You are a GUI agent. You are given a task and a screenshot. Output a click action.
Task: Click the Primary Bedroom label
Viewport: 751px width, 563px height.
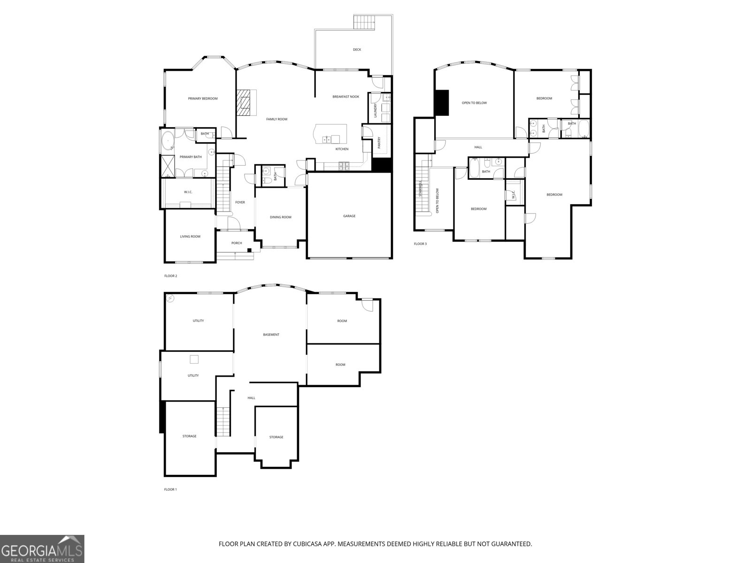click(x=203, y=99)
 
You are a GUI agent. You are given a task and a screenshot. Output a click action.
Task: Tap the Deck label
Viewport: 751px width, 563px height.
click(x=357, y=49)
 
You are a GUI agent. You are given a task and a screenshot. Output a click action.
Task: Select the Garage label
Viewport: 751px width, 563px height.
click(x=349, y=216)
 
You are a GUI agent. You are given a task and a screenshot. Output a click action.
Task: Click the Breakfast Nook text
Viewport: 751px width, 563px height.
click(x=345, y=97)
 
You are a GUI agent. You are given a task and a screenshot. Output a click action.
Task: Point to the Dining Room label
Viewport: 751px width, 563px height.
click(x=281, y=217)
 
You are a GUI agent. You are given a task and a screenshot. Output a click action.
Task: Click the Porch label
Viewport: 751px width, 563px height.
click(x=237, y=243)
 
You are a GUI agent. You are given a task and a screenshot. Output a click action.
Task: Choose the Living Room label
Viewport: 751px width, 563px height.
click(x=190, y=236)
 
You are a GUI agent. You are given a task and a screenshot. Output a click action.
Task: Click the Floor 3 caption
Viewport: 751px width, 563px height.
click(x=420, y=244)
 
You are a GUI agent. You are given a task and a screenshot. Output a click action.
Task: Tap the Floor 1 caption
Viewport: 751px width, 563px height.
click(x=170, y=489)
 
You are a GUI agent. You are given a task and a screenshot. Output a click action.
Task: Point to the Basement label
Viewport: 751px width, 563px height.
click(x=271, y=335)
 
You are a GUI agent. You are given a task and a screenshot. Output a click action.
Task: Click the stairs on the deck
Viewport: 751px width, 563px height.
click(x=365, y=22)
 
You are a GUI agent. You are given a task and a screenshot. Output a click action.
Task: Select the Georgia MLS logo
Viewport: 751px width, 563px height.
click(x=42, y=548)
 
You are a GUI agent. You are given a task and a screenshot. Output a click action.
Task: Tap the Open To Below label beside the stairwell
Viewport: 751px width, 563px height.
click(x=437, y=201)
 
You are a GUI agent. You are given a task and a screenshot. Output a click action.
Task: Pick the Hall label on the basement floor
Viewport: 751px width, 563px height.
click(x=251, y=398)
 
